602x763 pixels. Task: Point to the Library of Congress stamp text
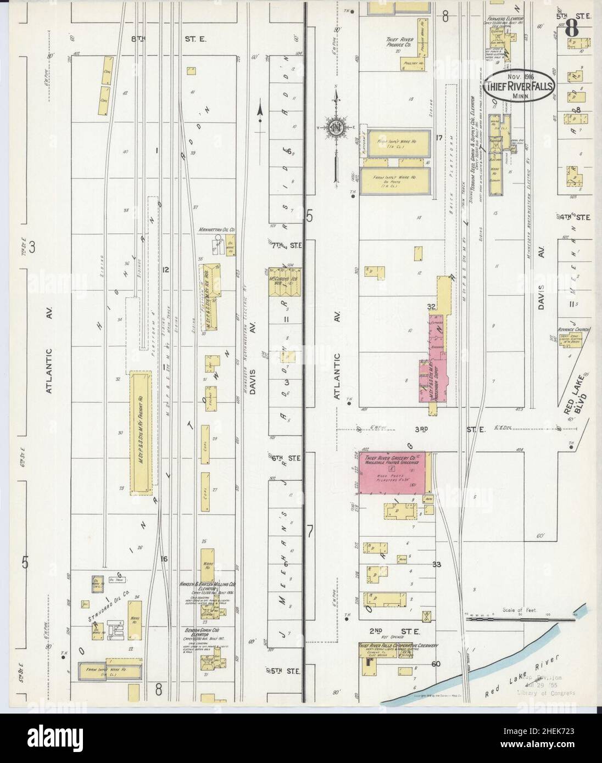click(548, 693)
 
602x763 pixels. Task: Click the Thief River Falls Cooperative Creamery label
click(397, 646)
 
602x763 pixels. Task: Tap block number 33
click(438, 564)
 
